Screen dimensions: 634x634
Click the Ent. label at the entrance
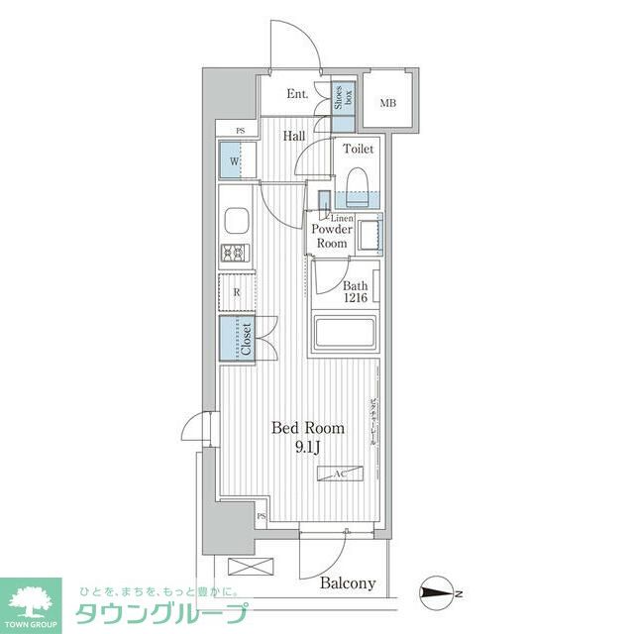tap(296, 95)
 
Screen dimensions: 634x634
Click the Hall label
tap(293, 137)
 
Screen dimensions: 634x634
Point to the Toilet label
tap(359, 149)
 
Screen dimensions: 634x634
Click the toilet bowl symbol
tap(359, 184)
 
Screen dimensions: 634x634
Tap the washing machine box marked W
tap(236, 160)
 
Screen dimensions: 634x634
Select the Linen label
tap(342, 217)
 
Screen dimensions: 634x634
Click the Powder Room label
tap(330, 236)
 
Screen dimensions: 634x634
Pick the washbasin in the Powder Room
tap(369, 236)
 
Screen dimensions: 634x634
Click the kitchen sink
tap(238, 219)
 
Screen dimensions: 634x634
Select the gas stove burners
tap(238, 253)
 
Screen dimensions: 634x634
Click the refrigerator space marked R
tap(237, 292)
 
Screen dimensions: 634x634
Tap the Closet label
tap(246, 337)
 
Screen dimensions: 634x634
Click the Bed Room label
tap(309, 429)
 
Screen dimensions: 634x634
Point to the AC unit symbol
tap(338, 475)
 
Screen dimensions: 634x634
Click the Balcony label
tap(348, 582)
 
